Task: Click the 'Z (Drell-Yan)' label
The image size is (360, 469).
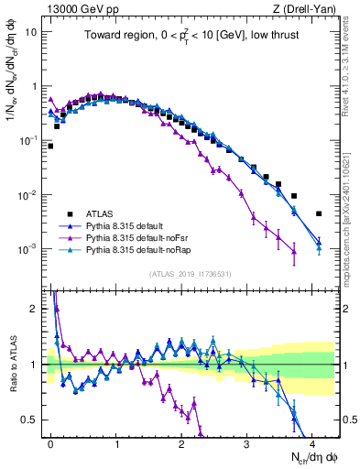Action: coord(307,8)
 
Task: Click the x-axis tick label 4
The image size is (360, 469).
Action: coord(312,442)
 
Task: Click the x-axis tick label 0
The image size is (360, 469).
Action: coord(50,442)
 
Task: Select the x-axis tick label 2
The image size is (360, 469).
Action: coord(181,442)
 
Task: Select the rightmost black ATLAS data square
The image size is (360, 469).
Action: coord(319,213)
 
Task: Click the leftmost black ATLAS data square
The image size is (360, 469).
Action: coord(50,146)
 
